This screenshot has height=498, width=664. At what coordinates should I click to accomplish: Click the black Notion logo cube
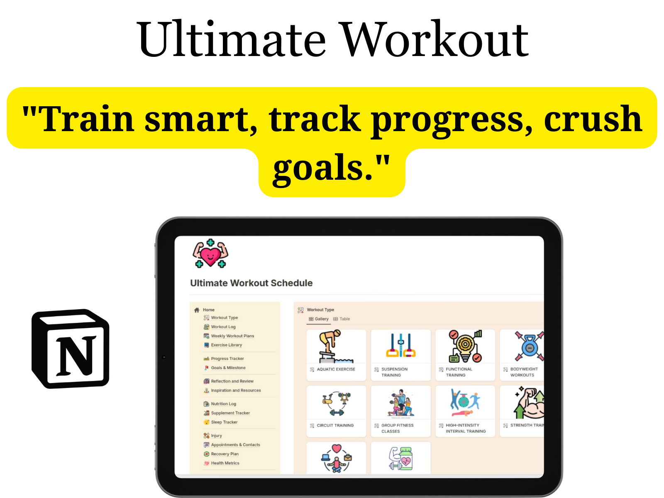pyautogui.click(x=71, y=349)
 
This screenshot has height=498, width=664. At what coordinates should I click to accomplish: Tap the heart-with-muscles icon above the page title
pyautogui.click(x=210, y=254)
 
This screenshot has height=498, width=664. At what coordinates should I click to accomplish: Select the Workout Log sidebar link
pyautogui.click(x=223, y=327)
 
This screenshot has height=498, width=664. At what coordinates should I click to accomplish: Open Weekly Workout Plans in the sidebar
pyautogui.click(x=232, y=336)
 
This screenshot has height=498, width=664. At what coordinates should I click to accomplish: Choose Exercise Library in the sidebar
pyautogui.click(x=226, y=345)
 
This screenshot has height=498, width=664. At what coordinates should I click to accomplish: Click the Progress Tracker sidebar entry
pyautogui.click(x=227, y=359)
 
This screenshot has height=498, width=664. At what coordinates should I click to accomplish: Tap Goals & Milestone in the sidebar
pyautogui.click(x=228, y=368)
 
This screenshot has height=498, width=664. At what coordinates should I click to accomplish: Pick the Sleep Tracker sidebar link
pyautogui.click(x=224, y=422)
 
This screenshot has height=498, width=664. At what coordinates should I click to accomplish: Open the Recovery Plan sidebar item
pyautogui.click(x=225, y=454)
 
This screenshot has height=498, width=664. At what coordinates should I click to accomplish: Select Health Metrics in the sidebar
pyautogui.click(x=225, y=463)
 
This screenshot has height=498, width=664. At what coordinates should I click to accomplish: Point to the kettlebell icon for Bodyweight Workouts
pyautogui.click(x=529, y=346)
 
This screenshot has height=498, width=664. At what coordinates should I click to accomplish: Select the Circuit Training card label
pyautogui.click(x=335, y=425)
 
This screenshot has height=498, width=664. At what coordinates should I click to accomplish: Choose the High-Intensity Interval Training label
pyautogui.click(x=465, y=428)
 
